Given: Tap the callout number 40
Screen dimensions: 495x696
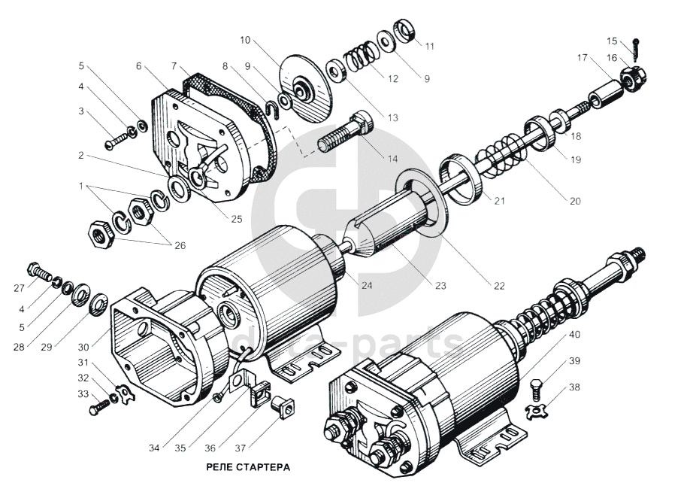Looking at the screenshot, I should [573, 335].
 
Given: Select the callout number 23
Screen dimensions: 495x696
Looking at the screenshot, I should [440, 286].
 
